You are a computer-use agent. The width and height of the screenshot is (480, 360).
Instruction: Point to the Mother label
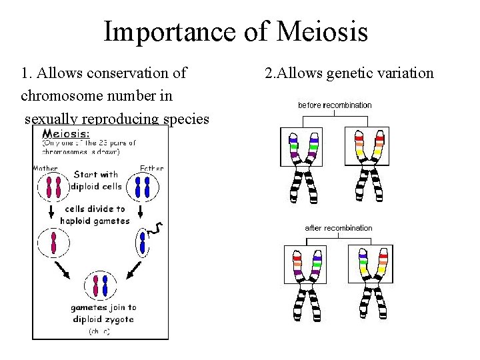point(46,168)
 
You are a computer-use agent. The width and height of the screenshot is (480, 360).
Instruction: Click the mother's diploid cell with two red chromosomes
point(53,187)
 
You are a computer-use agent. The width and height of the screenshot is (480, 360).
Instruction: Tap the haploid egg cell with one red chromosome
point(53,243)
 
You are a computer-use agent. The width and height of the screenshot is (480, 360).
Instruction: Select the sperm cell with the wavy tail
point(143,243)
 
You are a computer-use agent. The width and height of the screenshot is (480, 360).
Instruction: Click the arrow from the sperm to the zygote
point(133,270)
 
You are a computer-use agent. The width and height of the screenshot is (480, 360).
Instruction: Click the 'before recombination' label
point(335,105)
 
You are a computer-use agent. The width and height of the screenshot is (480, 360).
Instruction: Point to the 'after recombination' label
point(339,228)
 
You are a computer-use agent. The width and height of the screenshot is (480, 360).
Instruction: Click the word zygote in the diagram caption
point(118,319)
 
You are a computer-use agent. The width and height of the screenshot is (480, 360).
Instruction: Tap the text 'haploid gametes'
point(95,221)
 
